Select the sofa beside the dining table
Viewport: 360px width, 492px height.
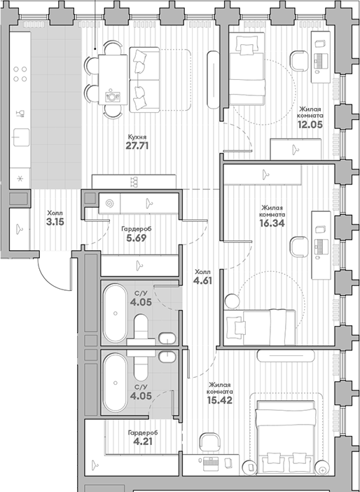coord(145,78)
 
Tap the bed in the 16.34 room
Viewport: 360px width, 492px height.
coord(259,325)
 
